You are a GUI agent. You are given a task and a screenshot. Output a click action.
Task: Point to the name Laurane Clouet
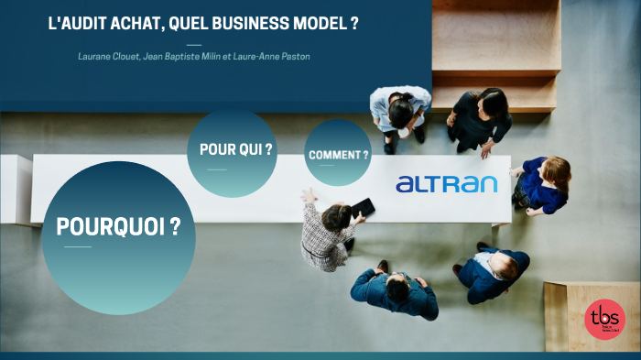(x=108, y=57)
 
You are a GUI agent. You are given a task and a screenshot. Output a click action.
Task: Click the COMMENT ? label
(x=339, y=155)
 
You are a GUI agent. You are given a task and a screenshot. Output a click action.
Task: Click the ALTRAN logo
(x=446, y=184)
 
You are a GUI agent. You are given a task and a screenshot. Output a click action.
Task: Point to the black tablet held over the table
(x=363, y=207)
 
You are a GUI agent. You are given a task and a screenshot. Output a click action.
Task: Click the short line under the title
(x=193, y=44)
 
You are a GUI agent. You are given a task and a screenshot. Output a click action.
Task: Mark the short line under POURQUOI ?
(x=77, y=247)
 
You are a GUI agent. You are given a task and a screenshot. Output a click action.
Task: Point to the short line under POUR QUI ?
(x=217, y=169)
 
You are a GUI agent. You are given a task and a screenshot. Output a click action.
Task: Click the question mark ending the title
(x=353, y=25)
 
